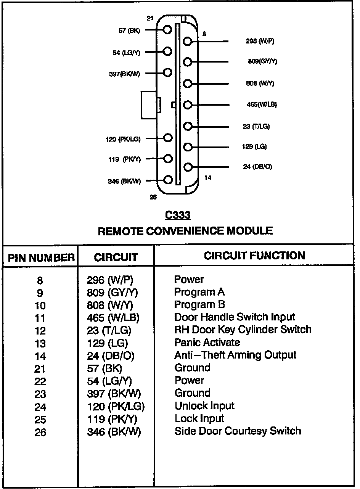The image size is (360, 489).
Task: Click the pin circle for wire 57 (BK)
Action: click(x=167, y=30)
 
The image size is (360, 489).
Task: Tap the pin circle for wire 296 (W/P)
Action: click(x=187, y=41)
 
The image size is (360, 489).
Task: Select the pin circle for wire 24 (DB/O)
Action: click(x=187, y=167)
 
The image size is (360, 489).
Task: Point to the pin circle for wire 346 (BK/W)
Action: click(x=167, y=179)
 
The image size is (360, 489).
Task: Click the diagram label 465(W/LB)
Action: click(x=262, y=105)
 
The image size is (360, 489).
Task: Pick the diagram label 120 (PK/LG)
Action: click(x=123, y=139)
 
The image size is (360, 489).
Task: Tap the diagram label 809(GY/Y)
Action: click(x=262, y=61)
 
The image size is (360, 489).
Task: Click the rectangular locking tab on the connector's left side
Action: click(x=149, y=105)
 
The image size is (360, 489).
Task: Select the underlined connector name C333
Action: click(x=178, y=216)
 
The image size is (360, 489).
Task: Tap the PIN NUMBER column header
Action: click(x=41, y=258)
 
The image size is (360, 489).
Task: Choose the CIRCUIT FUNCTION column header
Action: click(x=254, y=256)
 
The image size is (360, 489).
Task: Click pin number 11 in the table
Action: click(x=40, y=318)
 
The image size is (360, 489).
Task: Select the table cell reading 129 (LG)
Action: click(x=108, y=343)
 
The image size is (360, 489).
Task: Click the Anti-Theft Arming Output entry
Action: click(x=235, y=355)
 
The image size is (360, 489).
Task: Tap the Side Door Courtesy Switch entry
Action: click(x=238, y=431)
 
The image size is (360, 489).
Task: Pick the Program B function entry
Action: click(x=199, y=304)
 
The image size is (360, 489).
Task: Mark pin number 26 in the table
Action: click(x=40, y=432)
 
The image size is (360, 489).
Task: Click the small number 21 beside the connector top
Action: click(x=150, y=18)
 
